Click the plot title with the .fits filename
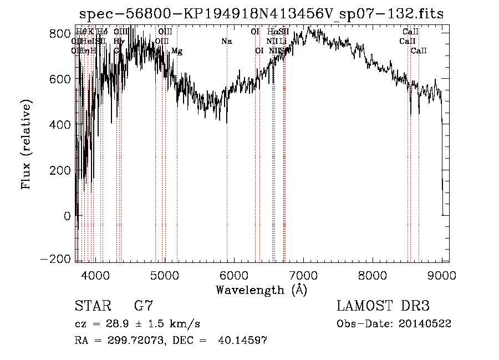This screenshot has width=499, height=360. pos(262,14)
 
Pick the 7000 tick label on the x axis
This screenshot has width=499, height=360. pos(303,274)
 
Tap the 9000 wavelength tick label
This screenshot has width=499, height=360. pos(441,274)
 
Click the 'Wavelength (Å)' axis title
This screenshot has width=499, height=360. pos(261,289)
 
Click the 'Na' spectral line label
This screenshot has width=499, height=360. pos(226,42)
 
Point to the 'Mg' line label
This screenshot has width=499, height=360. pos(177,51)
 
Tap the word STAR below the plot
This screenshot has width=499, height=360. pos(91,306)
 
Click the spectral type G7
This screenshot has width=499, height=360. pos(143,306)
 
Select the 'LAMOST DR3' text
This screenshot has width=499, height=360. pos(383,306)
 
